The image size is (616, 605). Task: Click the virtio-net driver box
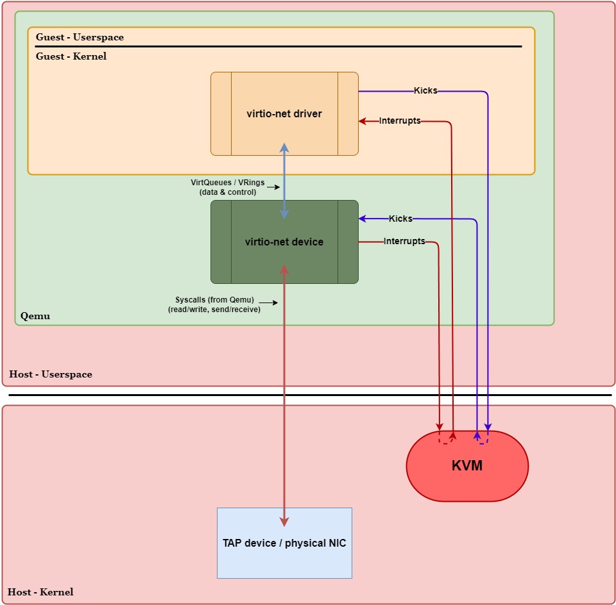[284, 114]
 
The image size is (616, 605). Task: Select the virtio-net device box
[284, 242]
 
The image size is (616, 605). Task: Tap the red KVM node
[467, 466]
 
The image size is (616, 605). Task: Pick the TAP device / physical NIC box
[284, 543]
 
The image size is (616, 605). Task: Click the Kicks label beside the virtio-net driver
[425, 91]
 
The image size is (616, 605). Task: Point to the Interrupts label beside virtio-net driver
[400, 120]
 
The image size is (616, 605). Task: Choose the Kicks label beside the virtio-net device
[400, 219]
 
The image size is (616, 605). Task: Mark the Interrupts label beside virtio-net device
[404, 242]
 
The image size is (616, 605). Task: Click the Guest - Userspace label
[80, 37]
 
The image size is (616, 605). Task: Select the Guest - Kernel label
[71, 56]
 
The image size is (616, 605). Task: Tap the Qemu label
[35, 316]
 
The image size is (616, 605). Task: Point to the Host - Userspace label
[51, 374]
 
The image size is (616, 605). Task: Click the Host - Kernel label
[41, 592]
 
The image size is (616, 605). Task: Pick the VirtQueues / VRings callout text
[228, 187]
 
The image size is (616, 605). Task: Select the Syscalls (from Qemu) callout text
[214, 304]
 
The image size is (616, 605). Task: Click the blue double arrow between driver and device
[284, 181]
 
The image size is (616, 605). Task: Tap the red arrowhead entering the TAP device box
[284, 522]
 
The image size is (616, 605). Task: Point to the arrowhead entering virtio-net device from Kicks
[363, 219]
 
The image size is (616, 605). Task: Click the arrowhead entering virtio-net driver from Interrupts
[363, 120]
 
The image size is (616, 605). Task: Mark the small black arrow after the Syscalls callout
[272, 302]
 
